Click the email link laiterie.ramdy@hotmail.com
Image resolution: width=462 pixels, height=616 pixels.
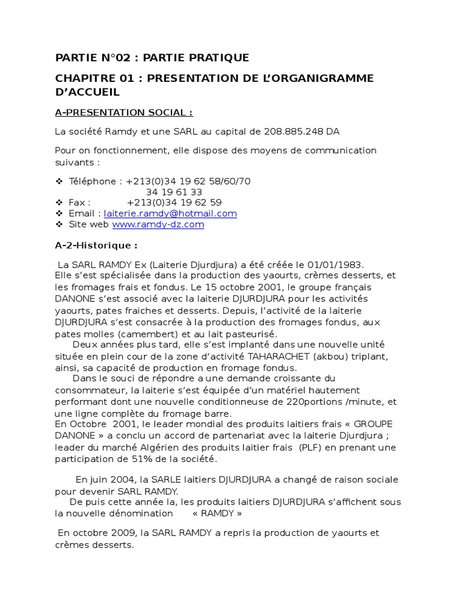(170, 214)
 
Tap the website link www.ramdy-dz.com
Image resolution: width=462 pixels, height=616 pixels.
(158, 224)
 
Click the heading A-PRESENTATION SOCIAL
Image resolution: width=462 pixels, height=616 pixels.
(123, 112)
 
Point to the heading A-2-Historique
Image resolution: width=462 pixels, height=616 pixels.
(96, 245)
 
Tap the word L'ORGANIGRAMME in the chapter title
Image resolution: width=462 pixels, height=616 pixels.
(320, 78)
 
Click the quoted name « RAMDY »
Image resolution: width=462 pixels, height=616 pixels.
(217, 513)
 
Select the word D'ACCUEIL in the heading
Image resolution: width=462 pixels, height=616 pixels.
(87, 92)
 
